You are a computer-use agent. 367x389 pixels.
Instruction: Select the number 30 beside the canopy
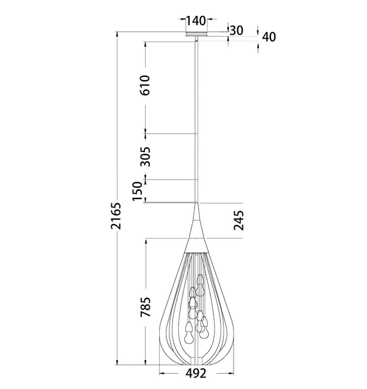(x=237, y=30)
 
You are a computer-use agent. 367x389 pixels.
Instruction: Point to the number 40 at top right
(x=269, y=37)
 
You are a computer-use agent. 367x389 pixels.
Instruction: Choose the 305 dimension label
(x=145, y=156)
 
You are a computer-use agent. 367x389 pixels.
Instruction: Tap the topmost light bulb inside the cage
(x=200, y=283)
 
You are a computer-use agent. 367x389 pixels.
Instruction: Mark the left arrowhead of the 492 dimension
(x=161, y=373)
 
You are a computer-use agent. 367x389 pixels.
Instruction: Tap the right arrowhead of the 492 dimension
(x=231, y=373)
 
